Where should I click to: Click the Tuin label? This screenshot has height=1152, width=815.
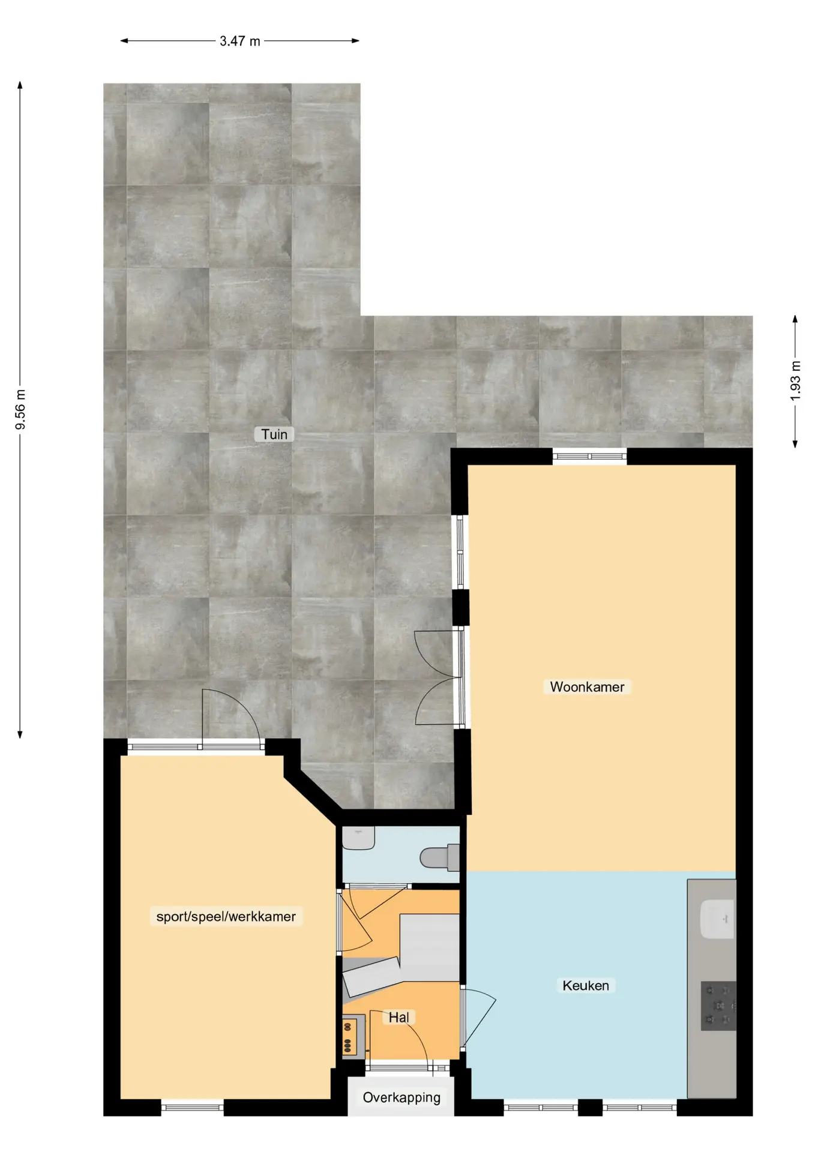coord(274,434)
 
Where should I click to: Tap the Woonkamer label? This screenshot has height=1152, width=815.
coord(587,687)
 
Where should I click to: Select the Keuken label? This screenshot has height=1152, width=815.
coord(585,985)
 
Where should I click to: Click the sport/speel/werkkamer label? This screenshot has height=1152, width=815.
coord(226,917)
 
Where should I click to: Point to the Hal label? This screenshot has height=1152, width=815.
coord(399,1017)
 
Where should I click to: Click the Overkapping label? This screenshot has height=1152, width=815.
coord(401,1097)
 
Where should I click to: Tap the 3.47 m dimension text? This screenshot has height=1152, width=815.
coord(239,41)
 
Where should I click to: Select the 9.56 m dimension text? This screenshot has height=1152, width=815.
coord(20,409)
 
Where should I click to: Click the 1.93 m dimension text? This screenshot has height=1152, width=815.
coord(795,380)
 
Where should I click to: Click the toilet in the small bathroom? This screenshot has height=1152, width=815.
coord(440,857)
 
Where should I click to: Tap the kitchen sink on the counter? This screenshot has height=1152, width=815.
coord(717,919)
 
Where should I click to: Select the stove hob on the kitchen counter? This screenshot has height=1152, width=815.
coord(718,1006)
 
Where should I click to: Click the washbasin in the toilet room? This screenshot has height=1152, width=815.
coord(358,838)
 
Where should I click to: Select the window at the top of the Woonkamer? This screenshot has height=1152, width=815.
coord(589,457)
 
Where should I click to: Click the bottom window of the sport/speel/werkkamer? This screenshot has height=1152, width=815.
coord(192,1108)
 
